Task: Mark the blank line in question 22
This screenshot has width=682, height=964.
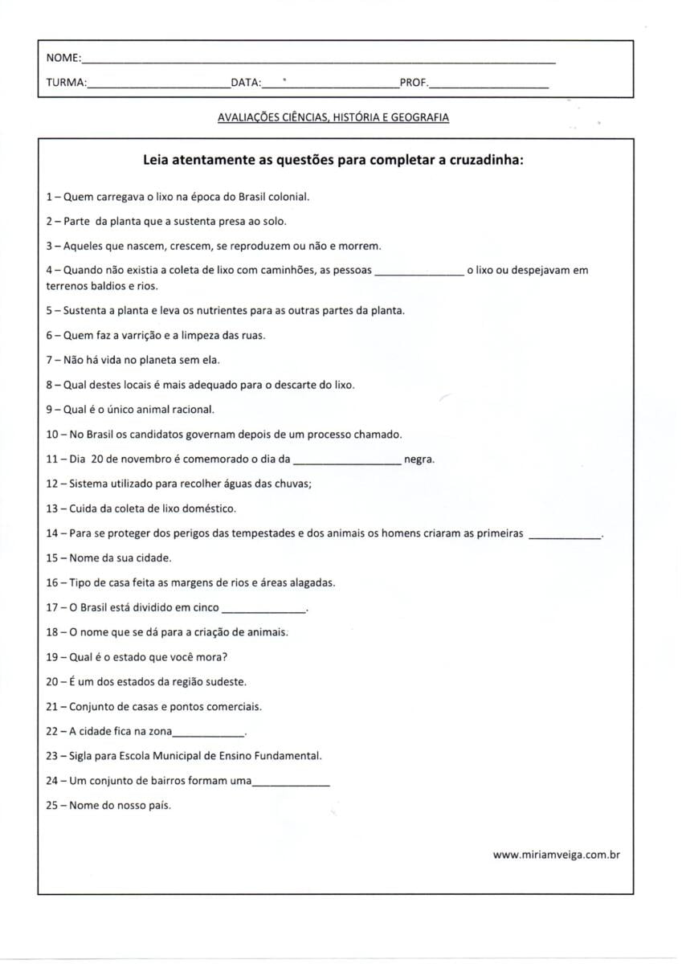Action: click(x=208, y=734)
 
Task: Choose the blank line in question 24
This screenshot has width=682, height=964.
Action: click(x=291, y=783)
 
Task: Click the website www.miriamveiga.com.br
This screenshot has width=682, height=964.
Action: click(x=556, y=856)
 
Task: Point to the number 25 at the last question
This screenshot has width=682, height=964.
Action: click(x=52, y=805)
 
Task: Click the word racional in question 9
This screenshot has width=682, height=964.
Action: click(x=191, y=410)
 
